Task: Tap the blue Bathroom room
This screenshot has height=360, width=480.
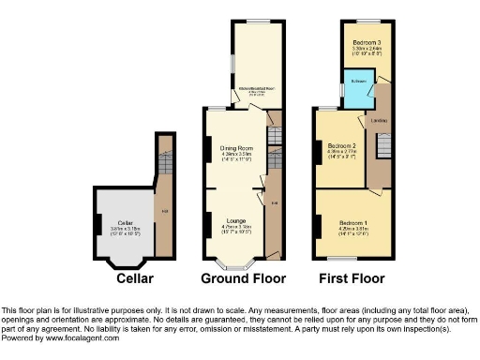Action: click(x=358, y=91)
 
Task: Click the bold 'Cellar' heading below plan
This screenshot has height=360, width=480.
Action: click(x=134, y=278)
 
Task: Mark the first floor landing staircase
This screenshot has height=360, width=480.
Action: click(x=382, y=147)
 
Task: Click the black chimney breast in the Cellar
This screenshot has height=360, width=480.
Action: click(x=97, y=225)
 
